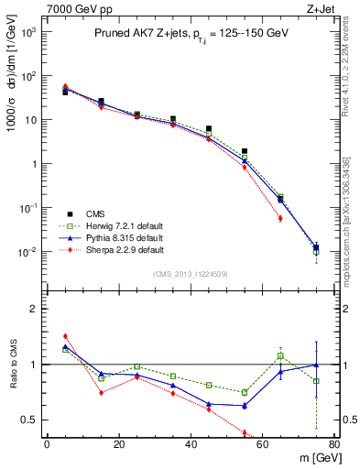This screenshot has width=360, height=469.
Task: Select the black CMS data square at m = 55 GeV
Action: point(245,151)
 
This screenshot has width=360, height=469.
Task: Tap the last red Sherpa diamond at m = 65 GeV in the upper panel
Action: point(280,218)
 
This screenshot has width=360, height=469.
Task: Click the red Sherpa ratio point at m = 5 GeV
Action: point(65,336)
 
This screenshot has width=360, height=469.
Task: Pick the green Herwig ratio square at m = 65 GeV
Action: point(280,355)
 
